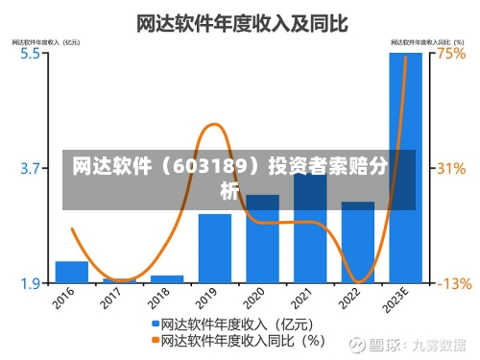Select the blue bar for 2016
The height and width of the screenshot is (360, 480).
click(x=72, y=272)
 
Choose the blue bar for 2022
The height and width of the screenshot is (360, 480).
click(x=357, y=242)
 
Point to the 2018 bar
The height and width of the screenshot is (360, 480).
click(x=167, y=278)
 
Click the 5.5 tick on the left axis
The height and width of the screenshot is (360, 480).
click(x=30, y=54)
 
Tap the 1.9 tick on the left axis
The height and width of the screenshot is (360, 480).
click(x=30, y=283)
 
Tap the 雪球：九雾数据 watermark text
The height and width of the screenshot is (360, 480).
click(x=421, y=343)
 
